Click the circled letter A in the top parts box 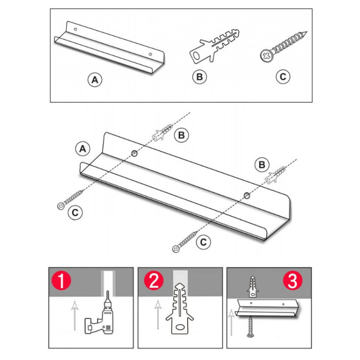point(95,80)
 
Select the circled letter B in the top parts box point(199,76)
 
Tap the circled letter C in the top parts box point(283,76)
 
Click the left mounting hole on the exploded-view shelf point(133,153)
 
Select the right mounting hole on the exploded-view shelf point(246,195)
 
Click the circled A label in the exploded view point(83,149)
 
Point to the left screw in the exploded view point(70,199)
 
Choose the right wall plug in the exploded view point(276,175)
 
